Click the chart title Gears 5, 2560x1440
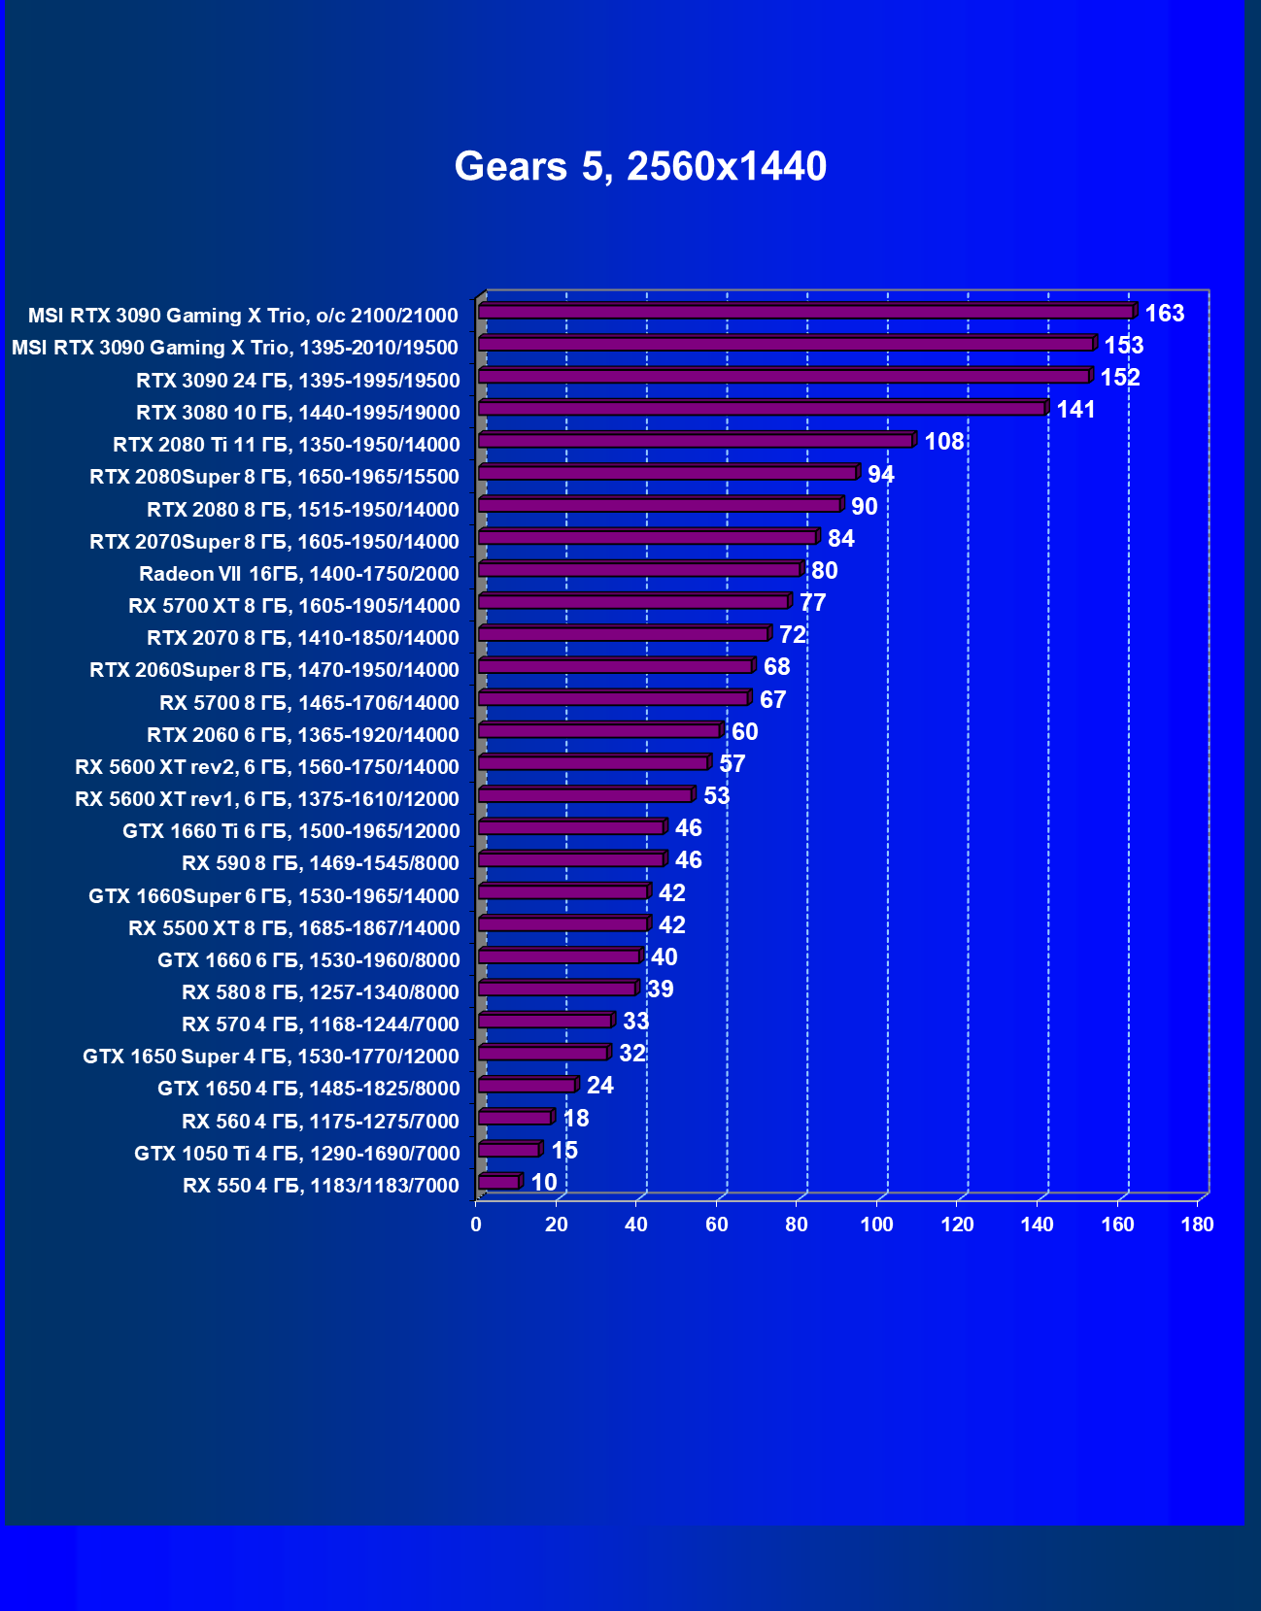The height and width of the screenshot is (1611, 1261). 640,166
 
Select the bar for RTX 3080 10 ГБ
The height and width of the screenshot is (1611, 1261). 762,409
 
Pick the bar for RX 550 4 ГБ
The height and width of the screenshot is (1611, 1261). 499,1182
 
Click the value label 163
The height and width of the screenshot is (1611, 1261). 1164,314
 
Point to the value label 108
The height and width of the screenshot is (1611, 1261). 943,442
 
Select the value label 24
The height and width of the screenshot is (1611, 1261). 599,1086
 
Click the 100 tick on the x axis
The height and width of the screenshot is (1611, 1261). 876,1225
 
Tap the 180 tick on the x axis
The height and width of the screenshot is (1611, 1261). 1197,1225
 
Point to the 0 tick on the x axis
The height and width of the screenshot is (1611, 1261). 476,1225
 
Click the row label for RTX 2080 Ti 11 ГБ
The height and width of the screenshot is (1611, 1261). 287,445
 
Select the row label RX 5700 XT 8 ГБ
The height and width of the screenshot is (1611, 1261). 294,606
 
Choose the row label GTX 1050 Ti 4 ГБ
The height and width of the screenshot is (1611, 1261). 297,1154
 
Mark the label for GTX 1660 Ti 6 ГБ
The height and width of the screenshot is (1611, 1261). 291,831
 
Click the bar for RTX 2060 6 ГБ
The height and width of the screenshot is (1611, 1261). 599,731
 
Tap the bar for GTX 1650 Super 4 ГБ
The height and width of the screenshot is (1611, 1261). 543,1053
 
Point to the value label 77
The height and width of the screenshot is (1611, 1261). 812,603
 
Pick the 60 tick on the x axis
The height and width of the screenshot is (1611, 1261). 716,1225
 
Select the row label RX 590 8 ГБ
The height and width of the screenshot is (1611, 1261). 321,863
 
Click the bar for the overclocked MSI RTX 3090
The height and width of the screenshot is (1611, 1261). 805,312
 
